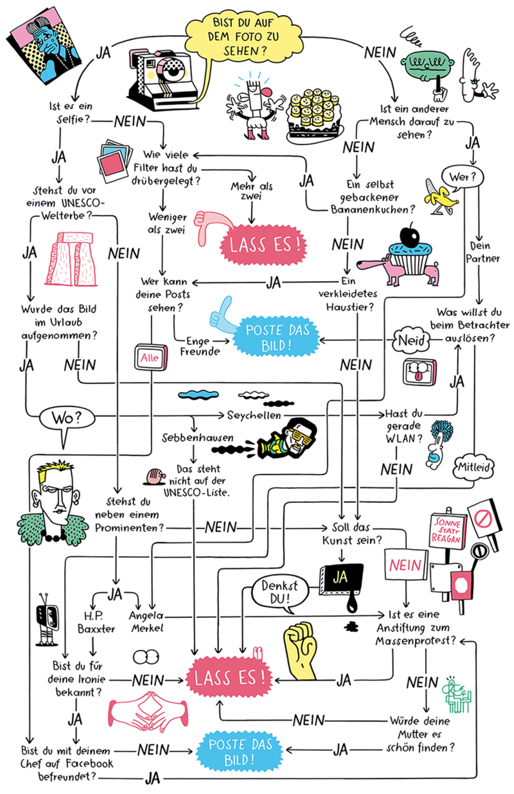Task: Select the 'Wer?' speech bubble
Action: (463, 177)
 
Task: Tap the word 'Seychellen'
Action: (254, 415)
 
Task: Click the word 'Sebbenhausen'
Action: (197, 438)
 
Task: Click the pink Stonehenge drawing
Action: (71, 259)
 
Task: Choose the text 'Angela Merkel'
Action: (146, 622)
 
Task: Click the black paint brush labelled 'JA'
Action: (341, 580)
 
